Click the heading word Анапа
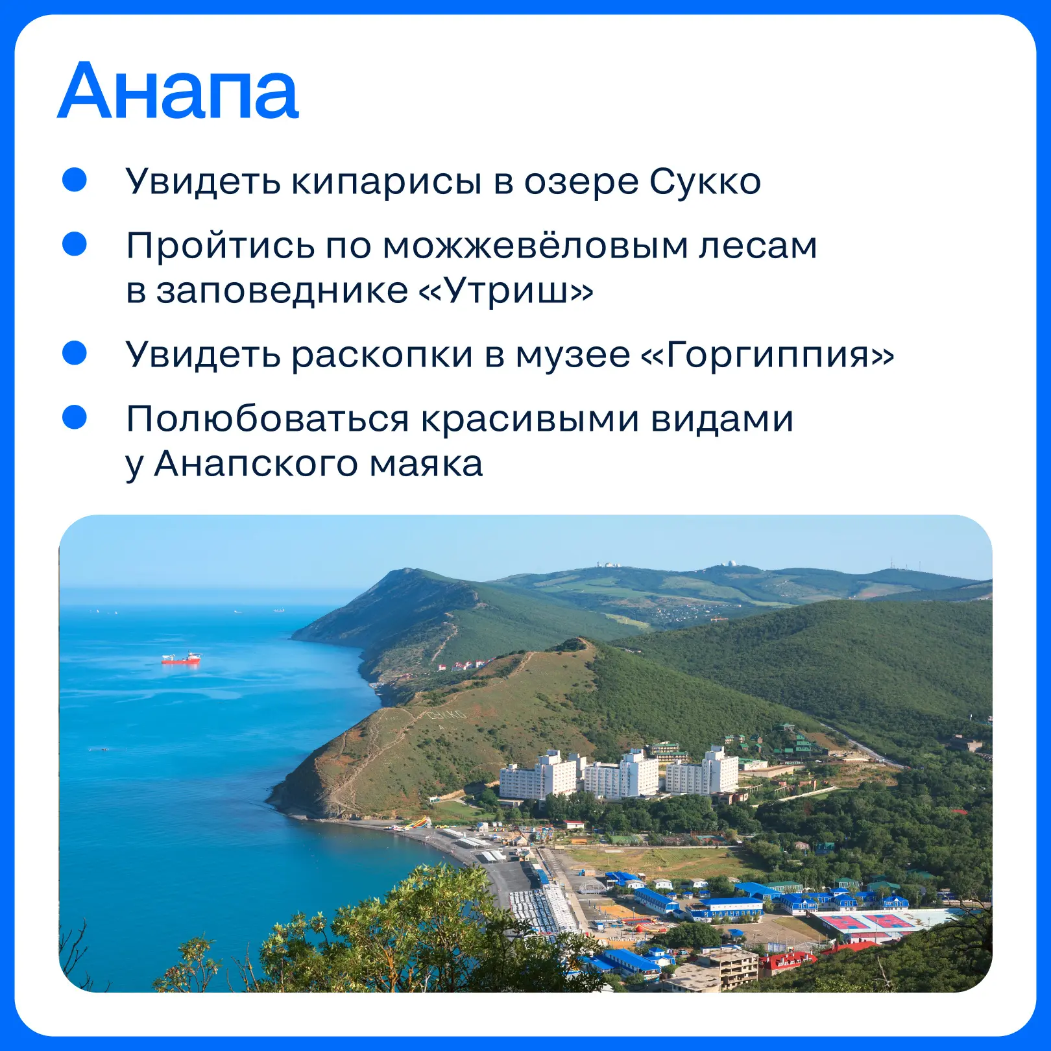tap(178, 91)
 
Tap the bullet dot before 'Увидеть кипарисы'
tap(75, 180)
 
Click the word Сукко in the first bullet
tap(705, 182)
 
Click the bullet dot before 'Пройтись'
tap(75, 244)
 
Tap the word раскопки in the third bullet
tap(381, 355)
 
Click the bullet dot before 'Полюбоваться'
tap(75, 417)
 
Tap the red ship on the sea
tap(181, 658)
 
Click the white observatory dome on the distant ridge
tap(731, 562)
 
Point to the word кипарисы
tap(385, 182)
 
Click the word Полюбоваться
tap(268, 419)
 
